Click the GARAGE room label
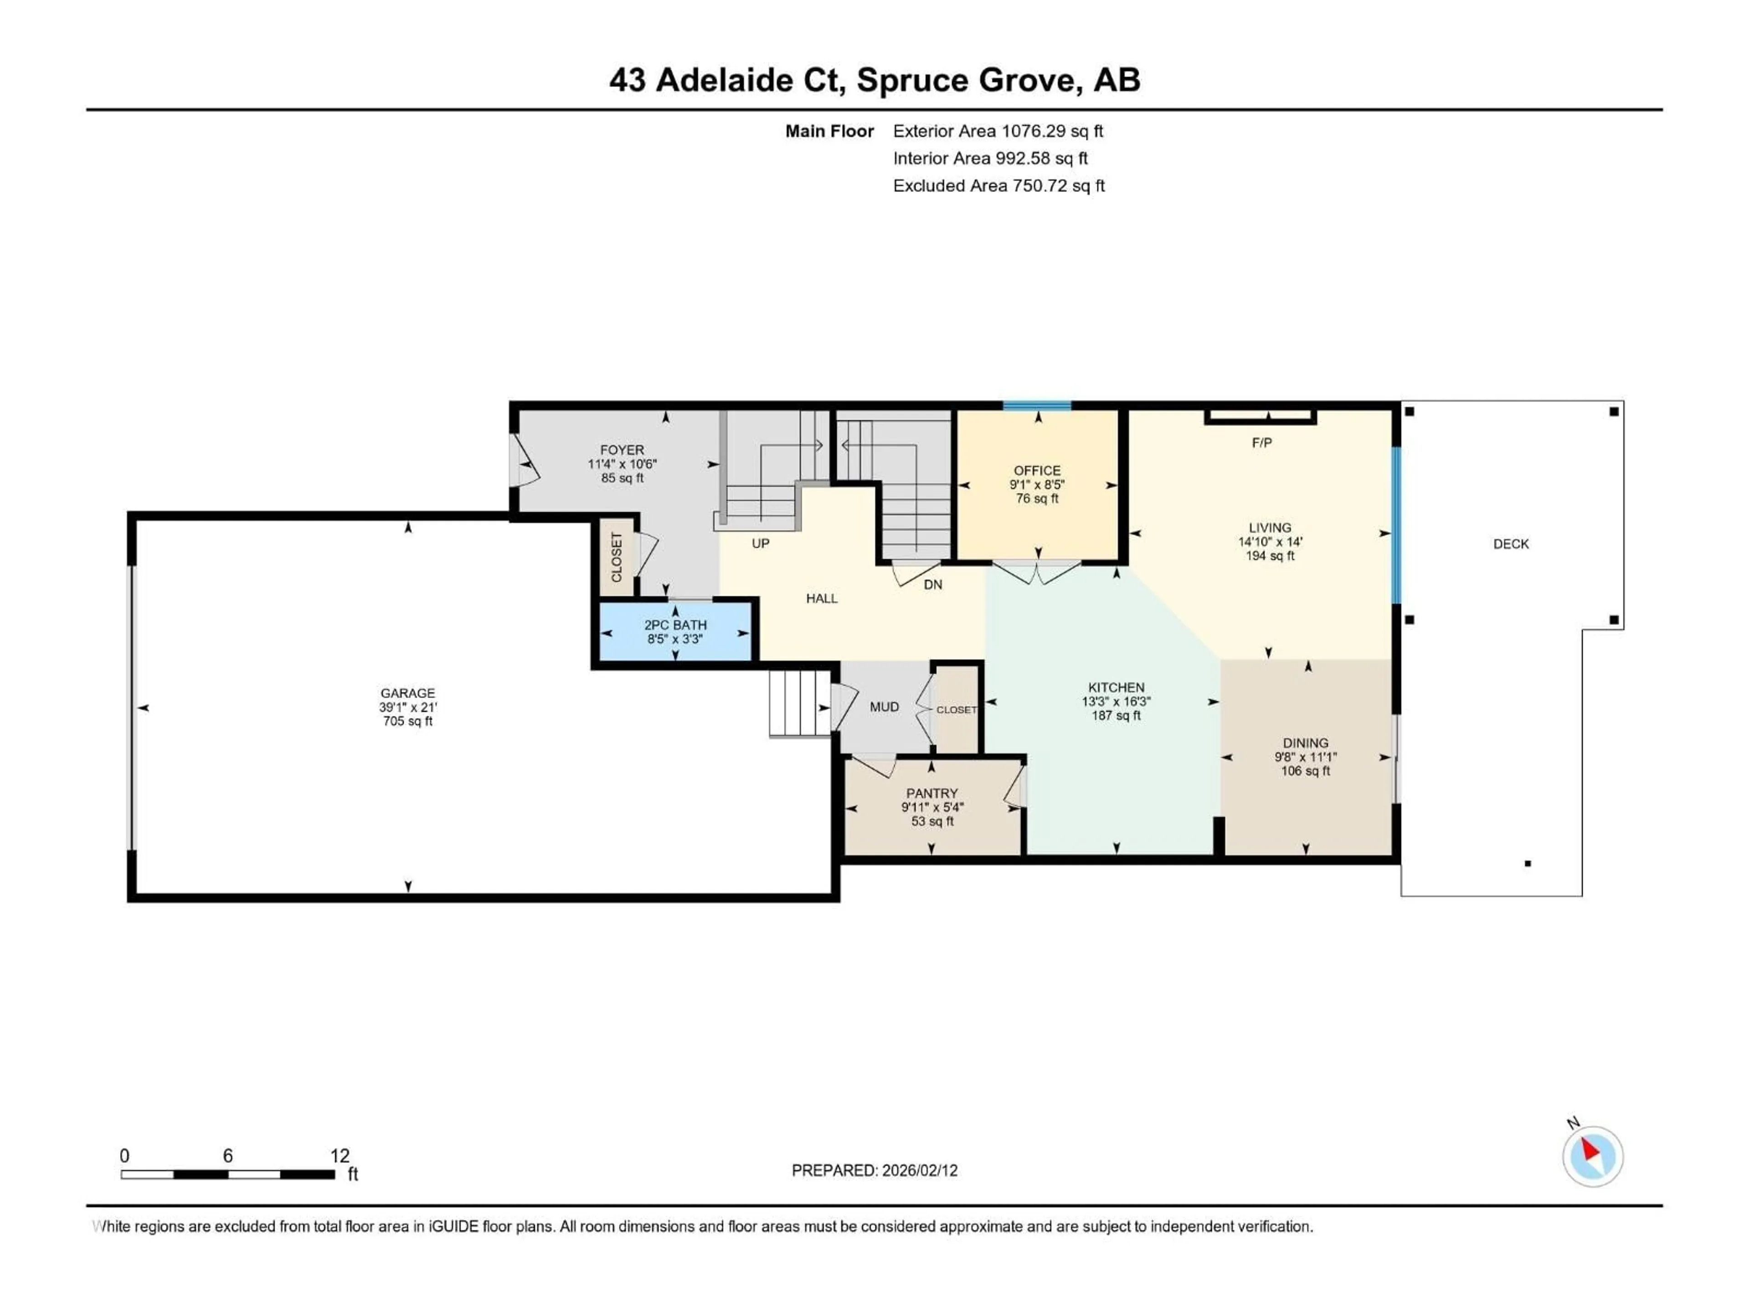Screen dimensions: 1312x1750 [x=407, y=693]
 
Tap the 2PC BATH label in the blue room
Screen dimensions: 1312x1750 [x=675, y=625]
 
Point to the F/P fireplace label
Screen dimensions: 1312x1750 [x=1262, y=443]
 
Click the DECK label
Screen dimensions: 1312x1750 [x=1510, y=544]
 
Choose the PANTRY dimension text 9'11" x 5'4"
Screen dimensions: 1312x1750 [x=932, y=807]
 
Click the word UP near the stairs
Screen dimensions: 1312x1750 [x=760, y=544]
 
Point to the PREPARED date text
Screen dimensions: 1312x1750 [x=874, y=1170]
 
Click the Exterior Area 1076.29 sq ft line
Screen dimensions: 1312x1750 [x=998, y=131]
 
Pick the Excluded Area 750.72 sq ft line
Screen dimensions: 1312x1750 [x=999, y=186]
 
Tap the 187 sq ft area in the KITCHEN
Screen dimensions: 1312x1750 [x=1116, y=716]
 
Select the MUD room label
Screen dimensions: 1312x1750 [x=884, y=707]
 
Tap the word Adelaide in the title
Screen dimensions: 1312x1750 [x=747, y=80]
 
